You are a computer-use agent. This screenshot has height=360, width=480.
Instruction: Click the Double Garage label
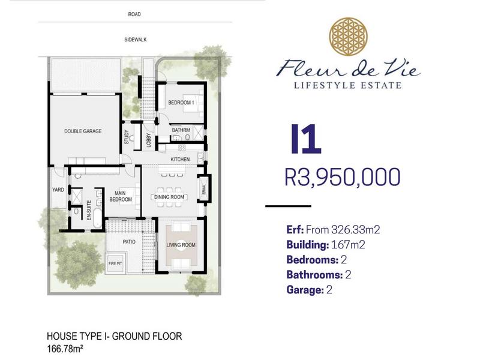coord(83,131)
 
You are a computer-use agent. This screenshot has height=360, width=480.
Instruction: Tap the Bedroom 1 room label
coord(181,103)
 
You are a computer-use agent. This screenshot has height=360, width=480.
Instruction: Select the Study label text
coord(127,137)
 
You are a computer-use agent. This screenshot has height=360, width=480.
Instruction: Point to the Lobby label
coord(149,140)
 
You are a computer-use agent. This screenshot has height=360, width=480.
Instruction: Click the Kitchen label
coord(180,159)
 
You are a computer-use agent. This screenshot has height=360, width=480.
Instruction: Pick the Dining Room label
coord(169,197)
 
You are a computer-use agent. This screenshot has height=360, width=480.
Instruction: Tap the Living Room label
coord(181,245)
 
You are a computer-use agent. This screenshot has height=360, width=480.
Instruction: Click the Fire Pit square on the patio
coord(115,263)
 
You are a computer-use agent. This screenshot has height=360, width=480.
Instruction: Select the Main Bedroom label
coord(121,196)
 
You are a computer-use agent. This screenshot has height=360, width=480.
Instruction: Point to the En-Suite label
coord(89,211)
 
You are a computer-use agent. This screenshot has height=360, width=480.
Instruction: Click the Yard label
coord(58,190)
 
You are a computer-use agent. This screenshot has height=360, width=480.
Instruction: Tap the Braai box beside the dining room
coord(204,188)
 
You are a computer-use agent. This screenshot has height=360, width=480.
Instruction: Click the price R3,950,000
coord(343,177)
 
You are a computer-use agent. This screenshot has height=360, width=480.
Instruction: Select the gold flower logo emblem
coord(349,37)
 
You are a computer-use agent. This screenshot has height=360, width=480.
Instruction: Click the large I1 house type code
coord(306,139)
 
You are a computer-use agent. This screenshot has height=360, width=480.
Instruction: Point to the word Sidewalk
coord(136,40)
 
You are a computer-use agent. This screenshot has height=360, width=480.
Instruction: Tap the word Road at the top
coord(134,14)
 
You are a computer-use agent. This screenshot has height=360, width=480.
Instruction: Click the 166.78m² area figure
coord(65,349)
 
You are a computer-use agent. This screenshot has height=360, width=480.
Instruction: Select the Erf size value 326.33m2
coord(356,230)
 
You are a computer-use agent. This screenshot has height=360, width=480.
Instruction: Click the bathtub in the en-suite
coord(97,218)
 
